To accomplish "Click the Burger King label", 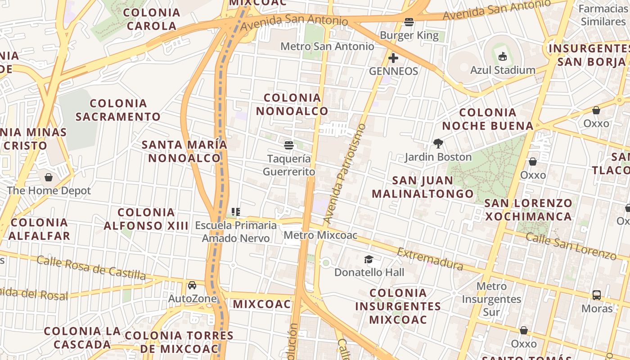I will click(x=409, y=35).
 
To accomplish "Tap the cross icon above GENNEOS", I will click(x=393, y=58).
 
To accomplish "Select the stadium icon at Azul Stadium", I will click(x=503, y=56).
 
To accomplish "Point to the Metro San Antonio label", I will click(x=327, y=46).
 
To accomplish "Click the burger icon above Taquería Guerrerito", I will click(x=289, y=145).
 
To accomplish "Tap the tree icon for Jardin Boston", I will click(x=438, y=144).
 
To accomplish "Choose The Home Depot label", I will click(x=49, y=190).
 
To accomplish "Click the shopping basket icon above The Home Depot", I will click(x=49, y=177).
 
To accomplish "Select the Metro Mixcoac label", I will click(x=320, y=235).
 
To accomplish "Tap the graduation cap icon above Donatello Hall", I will click(x=369, y=259).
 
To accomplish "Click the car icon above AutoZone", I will click(x=192, y=285).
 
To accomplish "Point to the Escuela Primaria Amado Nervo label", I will click(x=236, y=232).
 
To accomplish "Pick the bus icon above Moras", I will click(x=597, y=295).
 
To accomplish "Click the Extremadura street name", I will click(x=430, y=259).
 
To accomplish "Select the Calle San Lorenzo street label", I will click(x=571, y=246).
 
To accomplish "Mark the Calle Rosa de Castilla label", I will click(x=91, y=267).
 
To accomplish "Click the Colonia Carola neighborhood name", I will click(x=152, y=19).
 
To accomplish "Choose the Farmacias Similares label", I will click(x=603, y=15).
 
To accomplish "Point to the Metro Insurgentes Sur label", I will click(x=491, y=299).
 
